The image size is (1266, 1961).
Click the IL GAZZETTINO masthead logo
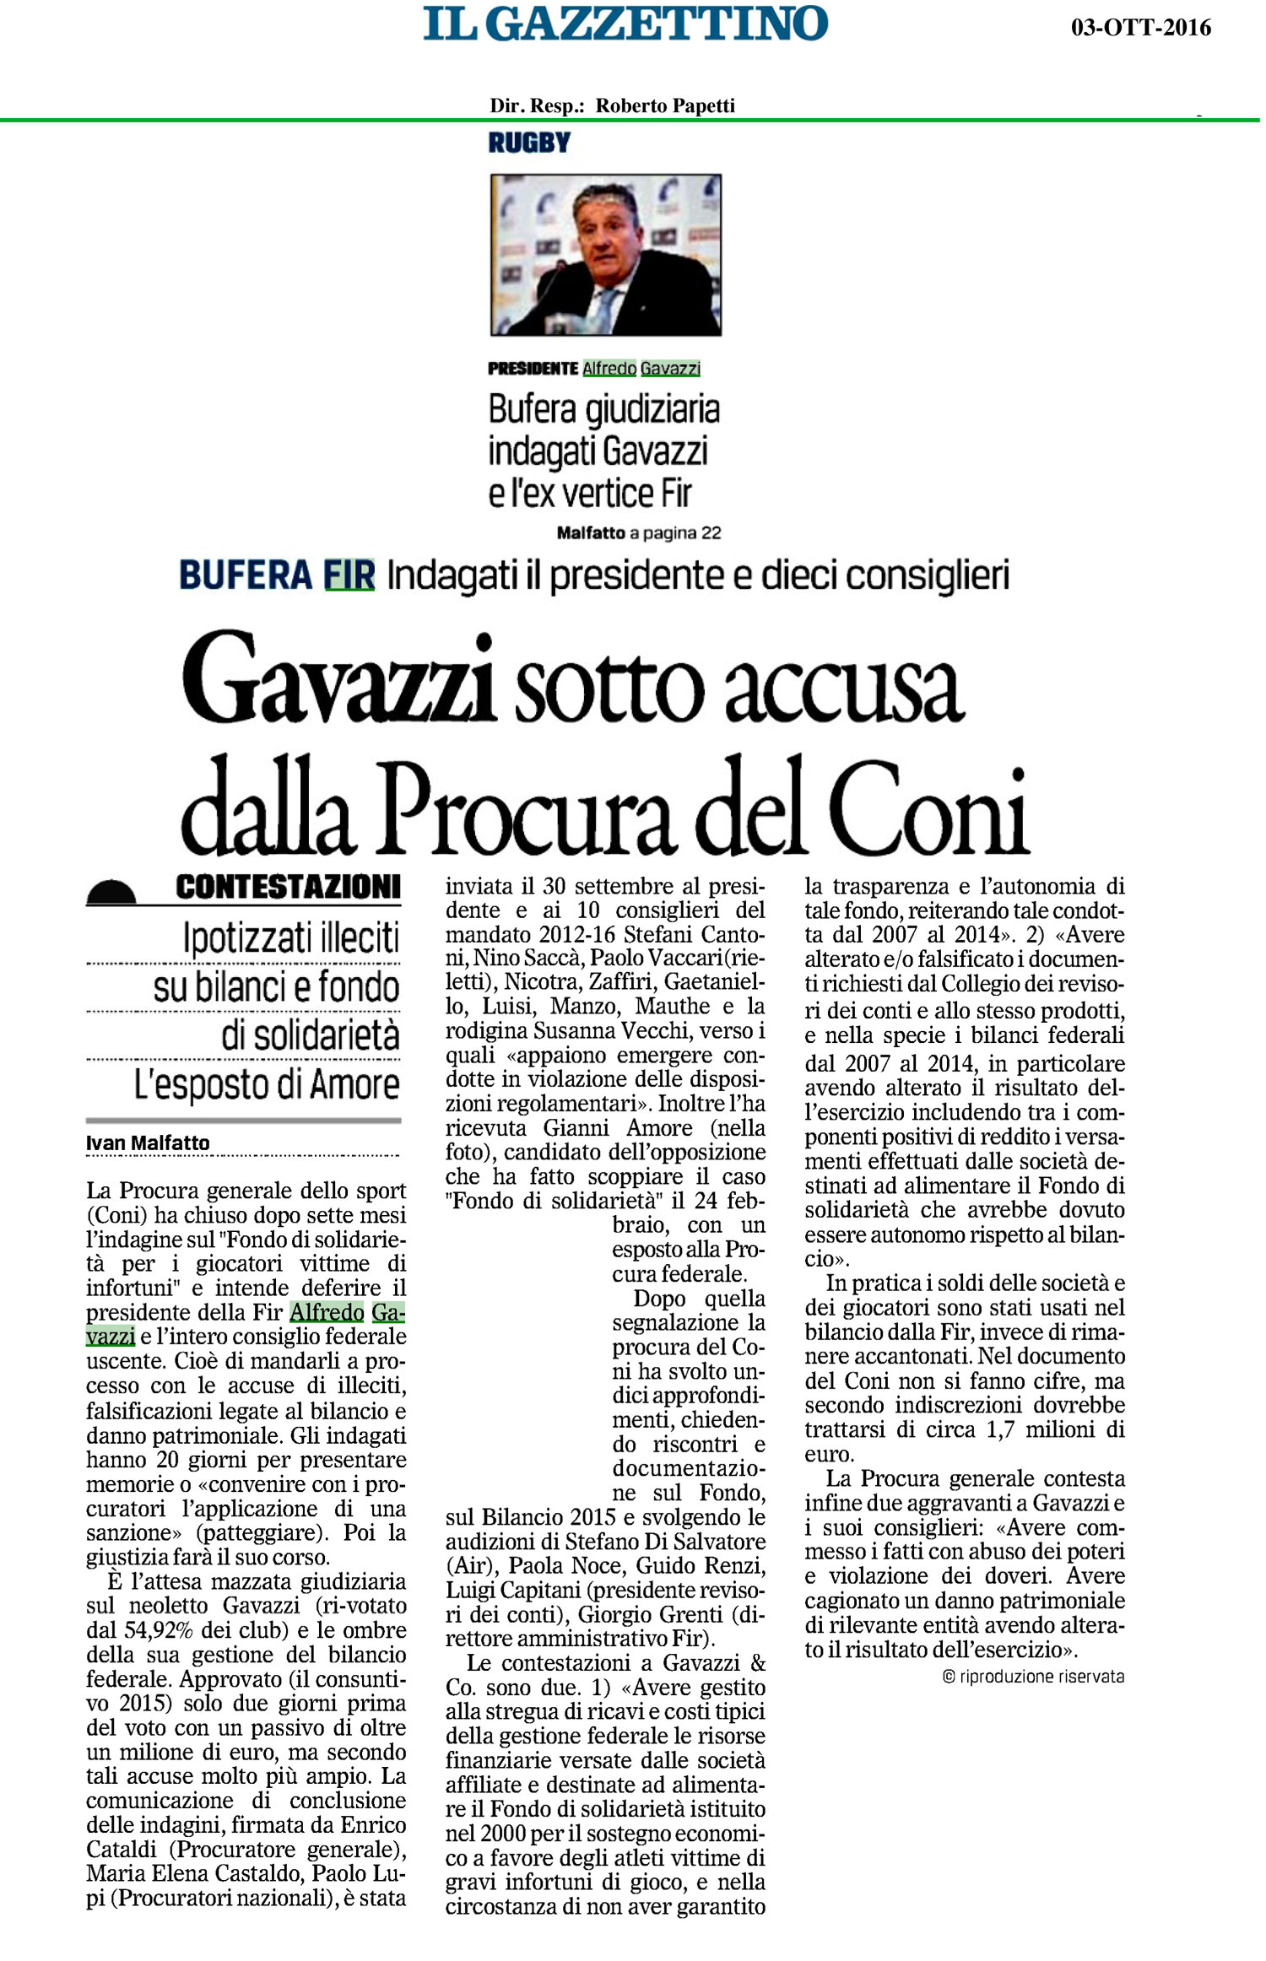pyautogui.click(x=625, y=24)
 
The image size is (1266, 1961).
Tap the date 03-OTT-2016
pyautogui.click(x=1140, y=28)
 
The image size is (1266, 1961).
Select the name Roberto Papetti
pyautogui.click(x=665, y=105)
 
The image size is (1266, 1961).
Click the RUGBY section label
pyautogui.click(x=529, y=143)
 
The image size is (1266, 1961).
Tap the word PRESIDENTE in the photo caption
pyautogui.click(x=533, y=369)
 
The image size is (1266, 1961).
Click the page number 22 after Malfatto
pyautogui.click(x=710, y=532)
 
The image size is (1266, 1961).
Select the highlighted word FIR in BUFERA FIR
pyautogui.click(x=349, y=575)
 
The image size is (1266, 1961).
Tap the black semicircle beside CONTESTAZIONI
pyautogui.click(x=111, y=892)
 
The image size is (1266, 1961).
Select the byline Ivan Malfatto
pyautogui.click(x=148, y=1143)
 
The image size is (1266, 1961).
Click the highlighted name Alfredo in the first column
pyautogui.click(x=327, y=1313)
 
